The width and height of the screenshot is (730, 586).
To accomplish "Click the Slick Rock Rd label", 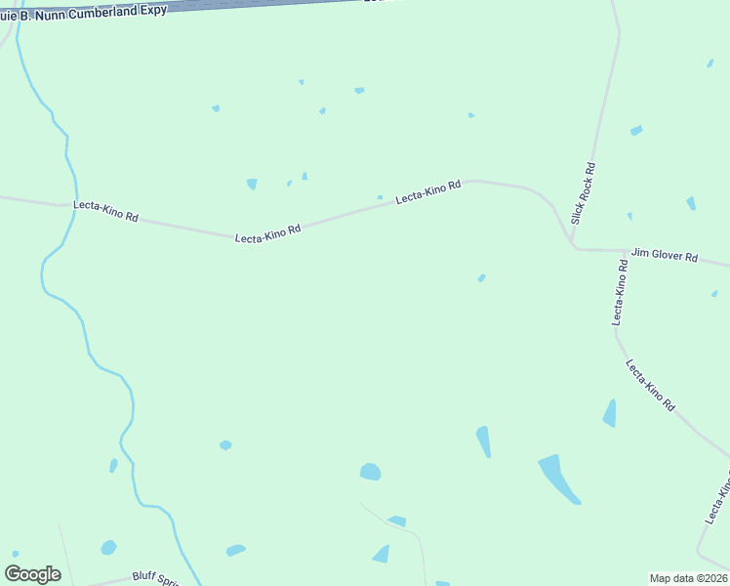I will click(x=584, y=193).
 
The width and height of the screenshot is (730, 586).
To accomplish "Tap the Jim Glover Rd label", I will click(x=664, y=256).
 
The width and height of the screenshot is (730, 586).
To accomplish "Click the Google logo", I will click(x=32, y=574).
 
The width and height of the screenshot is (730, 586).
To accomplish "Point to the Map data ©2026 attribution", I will click(x=688, y=578).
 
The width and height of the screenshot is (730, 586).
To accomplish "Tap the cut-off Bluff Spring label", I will click(x=157, y=578).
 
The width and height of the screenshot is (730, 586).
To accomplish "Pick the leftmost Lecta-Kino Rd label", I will click(x=105, y=211).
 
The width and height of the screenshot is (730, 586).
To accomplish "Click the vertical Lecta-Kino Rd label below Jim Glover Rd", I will click(x=619, y=292).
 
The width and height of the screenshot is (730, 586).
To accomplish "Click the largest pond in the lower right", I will click(x=558, y=478).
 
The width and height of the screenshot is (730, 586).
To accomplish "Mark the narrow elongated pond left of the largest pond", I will click(x=483, y=441).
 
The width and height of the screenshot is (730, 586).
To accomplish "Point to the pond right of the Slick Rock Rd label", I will click(x=636, y=130).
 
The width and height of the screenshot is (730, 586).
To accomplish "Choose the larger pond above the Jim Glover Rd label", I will click(x=691, y=203).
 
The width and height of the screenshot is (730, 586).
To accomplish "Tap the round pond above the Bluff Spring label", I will click(x=108, y=547).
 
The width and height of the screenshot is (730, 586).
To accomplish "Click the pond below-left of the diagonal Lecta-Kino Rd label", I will click(x=610, y=414).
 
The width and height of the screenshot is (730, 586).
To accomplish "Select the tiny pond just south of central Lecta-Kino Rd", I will click(x=481, y=278).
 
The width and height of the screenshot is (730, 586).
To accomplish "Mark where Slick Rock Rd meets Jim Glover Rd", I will click(x=575, y=248).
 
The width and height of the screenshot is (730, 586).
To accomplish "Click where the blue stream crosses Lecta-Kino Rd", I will click(x=71, y=205).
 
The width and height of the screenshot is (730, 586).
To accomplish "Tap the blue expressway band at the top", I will click(x=254, y=6).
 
